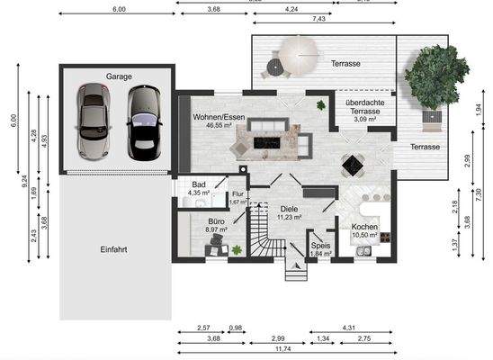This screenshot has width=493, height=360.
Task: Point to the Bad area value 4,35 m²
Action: [198, 193]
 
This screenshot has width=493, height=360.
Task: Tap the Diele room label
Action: [289, 209]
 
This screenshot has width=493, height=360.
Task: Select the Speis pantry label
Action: [320, 244]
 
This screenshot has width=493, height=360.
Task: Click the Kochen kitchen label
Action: [364, 227]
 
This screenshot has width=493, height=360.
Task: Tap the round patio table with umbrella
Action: [294, 56]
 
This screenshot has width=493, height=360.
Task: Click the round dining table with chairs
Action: [353, 166]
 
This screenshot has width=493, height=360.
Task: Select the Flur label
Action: [238, 193]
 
